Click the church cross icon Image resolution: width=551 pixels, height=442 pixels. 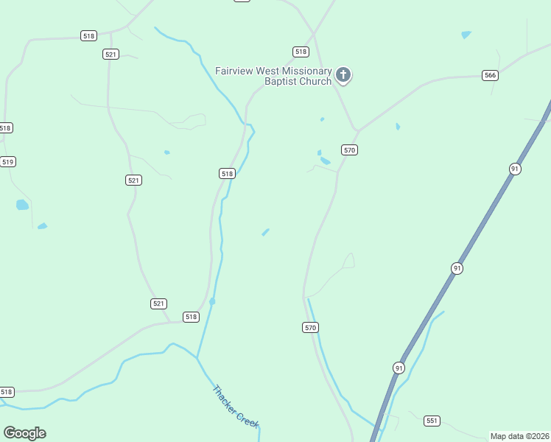tap(343, 74)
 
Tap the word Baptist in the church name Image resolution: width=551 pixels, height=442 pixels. tap(283, 82)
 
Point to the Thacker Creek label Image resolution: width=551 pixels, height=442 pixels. tap(236, 406)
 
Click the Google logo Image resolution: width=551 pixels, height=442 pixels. tap(24, 433)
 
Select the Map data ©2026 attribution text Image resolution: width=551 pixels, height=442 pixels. tap(519, 436)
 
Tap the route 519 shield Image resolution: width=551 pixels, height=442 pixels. tap(7, 162)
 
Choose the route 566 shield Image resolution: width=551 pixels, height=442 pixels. tap(491, 75)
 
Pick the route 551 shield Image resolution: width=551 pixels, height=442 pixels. tap(432, 421)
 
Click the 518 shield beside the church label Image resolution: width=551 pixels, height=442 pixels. tap(301, 52)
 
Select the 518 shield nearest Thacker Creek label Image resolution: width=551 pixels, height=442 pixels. tap(191, 317)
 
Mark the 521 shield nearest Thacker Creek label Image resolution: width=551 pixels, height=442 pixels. tap(158, 304)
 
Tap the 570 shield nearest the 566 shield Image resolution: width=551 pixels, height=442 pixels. tap(349, 150)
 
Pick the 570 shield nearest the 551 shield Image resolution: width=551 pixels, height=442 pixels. tap(310, 327)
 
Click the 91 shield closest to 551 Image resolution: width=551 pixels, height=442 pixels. tap(399, 368)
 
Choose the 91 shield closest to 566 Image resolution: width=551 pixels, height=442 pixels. tap(515, 169)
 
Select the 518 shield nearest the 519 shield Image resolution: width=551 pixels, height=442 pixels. tap(6, 128)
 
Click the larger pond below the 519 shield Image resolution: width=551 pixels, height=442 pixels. tap(22, 205)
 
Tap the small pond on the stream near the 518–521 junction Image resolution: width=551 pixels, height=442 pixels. tap(212, 301)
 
